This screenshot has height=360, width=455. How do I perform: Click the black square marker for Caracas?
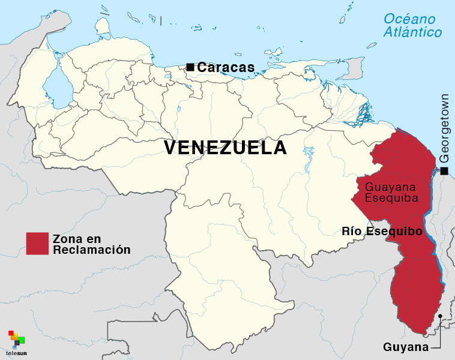[x=190, y=67]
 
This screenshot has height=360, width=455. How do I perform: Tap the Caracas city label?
[x=226, y=68]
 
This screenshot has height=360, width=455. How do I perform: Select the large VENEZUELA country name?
[x=225, y=148]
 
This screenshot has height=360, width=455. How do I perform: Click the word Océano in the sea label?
[x=409, y=19]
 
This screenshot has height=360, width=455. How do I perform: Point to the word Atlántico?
[x=413, y=32]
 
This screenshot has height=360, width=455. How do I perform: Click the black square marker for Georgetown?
[x=445, y=172]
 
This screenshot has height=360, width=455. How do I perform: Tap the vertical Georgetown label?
[x=444, y=127]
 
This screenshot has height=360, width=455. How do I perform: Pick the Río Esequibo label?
[x=382, y=231]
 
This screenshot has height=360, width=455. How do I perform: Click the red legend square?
[x=37, y=243]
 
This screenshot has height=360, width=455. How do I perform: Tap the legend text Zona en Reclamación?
[x=91, y=244]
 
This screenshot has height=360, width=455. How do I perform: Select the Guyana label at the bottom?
[x=406, y=347]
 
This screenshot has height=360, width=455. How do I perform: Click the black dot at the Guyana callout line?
[x=440, y=316]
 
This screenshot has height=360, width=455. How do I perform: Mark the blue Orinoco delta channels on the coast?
[x=360, y=112]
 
